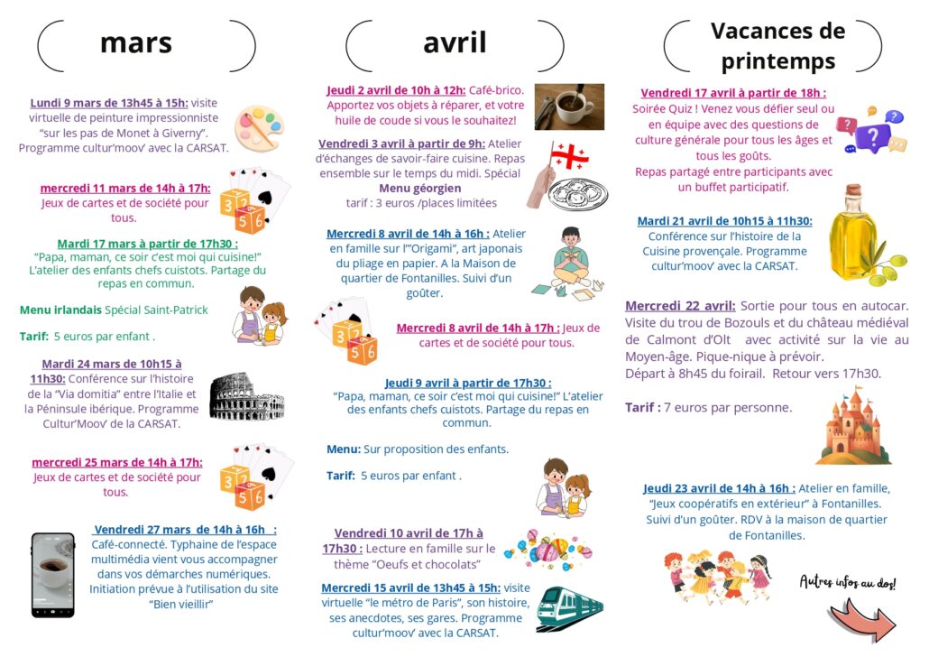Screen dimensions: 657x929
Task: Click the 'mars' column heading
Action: click(136, 43)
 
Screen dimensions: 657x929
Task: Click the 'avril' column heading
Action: click(455, 42)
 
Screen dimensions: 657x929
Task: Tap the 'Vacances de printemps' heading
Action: click(777, 46)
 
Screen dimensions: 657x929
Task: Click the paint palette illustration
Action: click(259, 128)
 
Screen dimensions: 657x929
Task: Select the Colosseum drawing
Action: click(246, 396)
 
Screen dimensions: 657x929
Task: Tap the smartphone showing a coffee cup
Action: click(53, 575)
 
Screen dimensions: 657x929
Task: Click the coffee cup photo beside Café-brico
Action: click(569, 106)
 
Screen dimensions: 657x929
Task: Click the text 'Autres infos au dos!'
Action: click(848, 582)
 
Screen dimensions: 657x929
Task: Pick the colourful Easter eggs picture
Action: click(547, 548)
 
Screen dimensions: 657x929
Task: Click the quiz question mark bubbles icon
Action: click(869, 132)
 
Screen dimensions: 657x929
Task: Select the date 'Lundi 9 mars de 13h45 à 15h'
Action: click(109, 103)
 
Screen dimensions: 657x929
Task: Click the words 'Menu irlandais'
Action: click(60, 310)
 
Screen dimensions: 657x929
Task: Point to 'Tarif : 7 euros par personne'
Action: click(709, 408)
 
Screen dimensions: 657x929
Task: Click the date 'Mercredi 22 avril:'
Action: click(681, 306)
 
